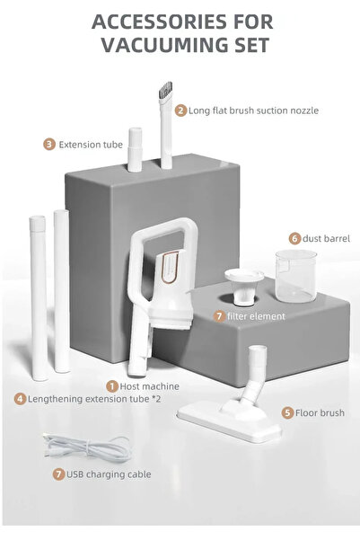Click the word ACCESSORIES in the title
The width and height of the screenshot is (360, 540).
click(159, 22)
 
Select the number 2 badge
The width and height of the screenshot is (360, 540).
click(180, 111)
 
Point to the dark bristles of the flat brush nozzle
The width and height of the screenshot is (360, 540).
click(166, 89)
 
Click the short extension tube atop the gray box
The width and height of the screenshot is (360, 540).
click(135, 149)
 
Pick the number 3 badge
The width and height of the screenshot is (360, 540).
click(49, 144)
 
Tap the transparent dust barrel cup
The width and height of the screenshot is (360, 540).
click(296, 276)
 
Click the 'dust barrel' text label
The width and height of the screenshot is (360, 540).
click(326, 238)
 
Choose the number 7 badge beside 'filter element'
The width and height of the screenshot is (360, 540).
click(219, 315)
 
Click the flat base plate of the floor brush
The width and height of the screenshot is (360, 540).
click(230, 422)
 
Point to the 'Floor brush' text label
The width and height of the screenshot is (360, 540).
click(320, 412)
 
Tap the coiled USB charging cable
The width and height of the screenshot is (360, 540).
click(87, 448)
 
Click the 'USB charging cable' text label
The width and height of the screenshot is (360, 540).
click(109, 474)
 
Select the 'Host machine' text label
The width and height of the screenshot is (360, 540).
click(149, 386)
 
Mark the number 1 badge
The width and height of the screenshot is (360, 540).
click(112, 386)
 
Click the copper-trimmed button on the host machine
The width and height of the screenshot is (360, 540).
click(170, 267)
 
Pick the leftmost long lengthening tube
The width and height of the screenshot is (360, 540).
click(39, 298)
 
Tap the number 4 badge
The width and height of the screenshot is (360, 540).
click(21, 399)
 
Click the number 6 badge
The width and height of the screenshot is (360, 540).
click(294, 238)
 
